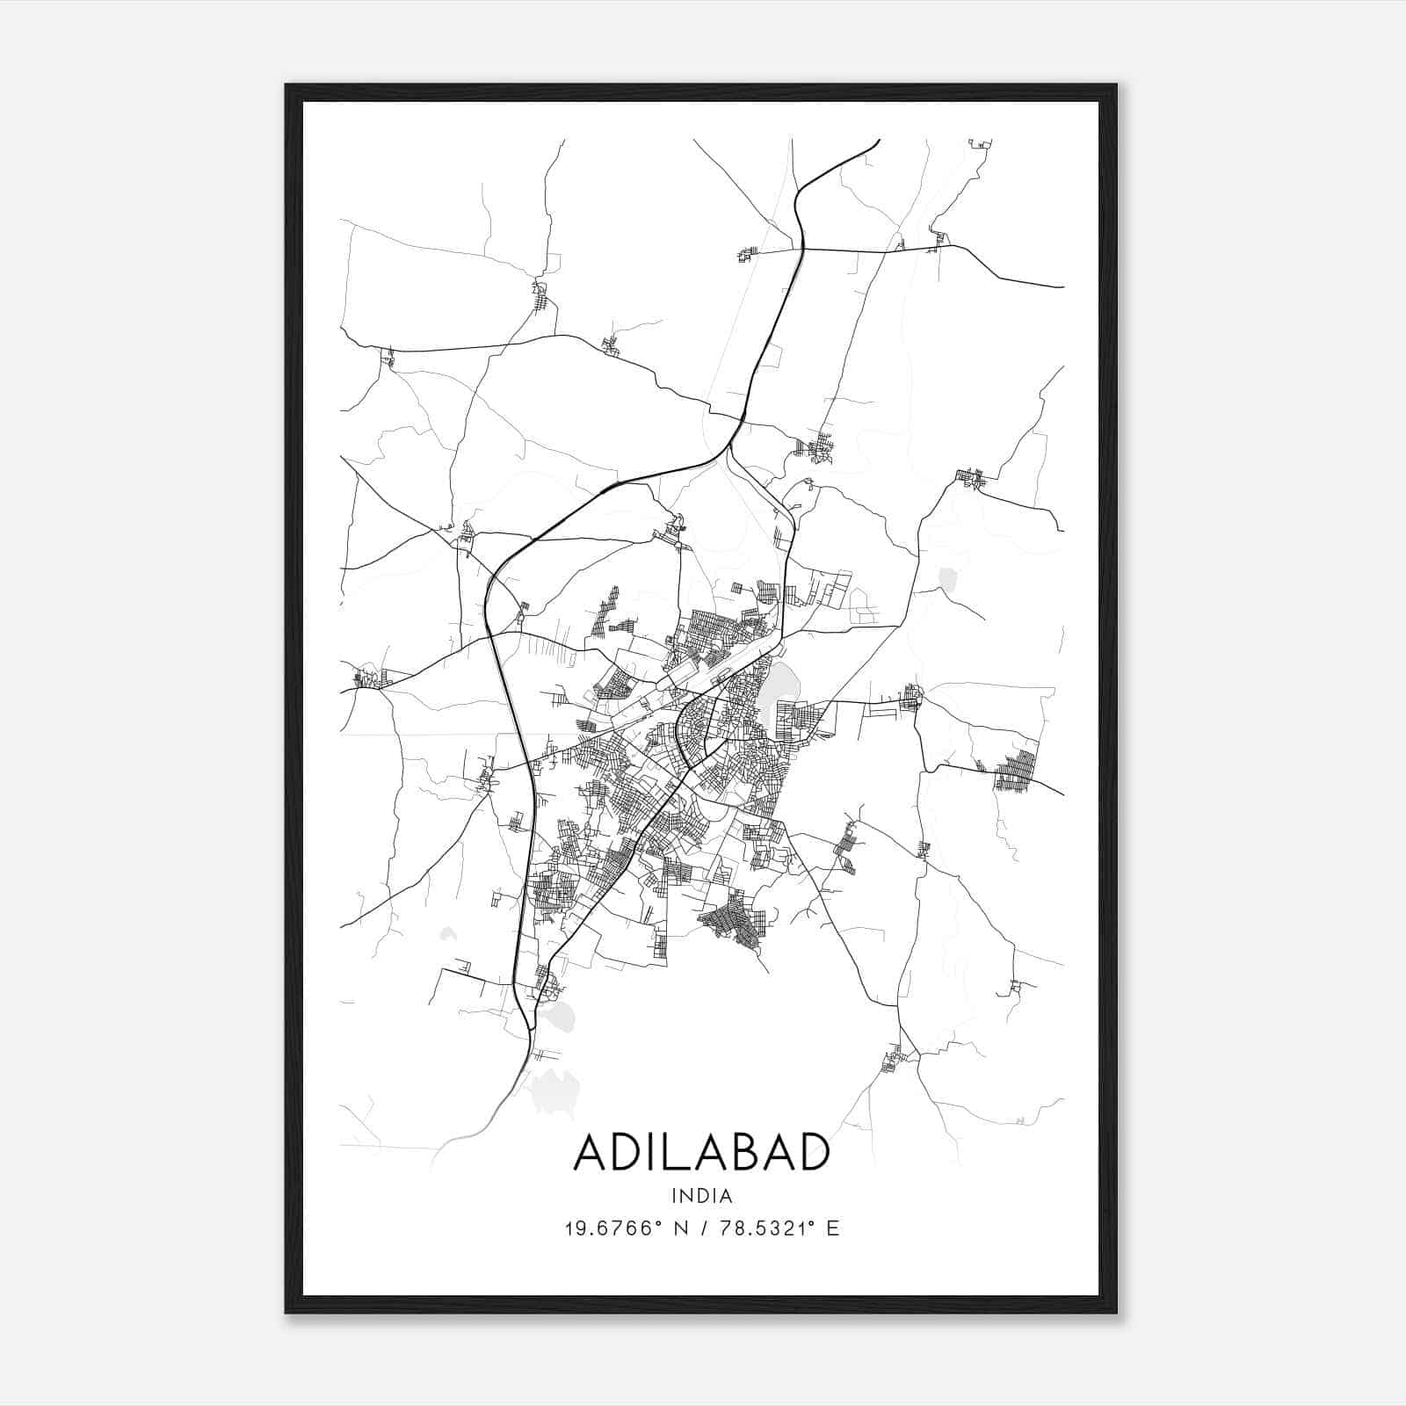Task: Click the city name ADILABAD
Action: pyautogui.click(x=701, y=1152)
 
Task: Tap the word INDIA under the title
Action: pyautogui.click(x=701, y=1196)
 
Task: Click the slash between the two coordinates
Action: pyautogui.click(x=699, y=1228)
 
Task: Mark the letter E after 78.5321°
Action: pyautogui.click(x=832, y=1228)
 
